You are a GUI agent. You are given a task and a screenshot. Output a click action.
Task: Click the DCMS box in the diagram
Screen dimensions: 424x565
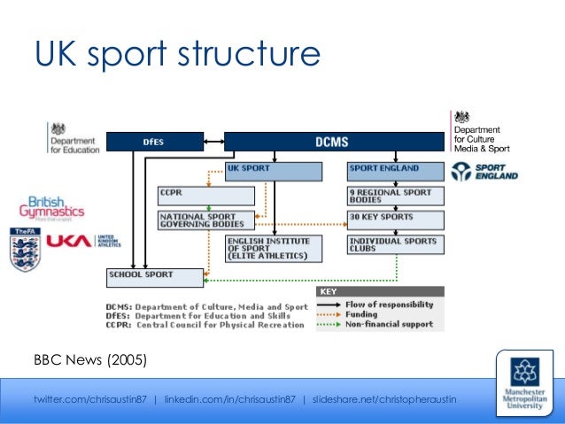tap(333, 141)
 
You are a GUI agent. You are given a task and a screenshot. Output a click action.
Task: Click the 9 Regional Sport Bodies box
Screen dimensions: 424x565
tap(394, 195)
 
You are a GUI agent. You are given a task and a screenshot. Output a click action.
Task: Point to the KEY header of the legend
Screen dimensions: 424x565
tap(329, 291)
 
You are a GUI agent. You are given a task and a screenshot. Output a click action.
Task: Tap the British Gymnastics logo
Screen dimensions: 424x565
tap(52, 209)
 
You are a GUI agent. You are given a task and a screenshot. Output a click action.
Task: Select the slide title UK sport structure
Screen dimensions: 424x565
tap(176, 54)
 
